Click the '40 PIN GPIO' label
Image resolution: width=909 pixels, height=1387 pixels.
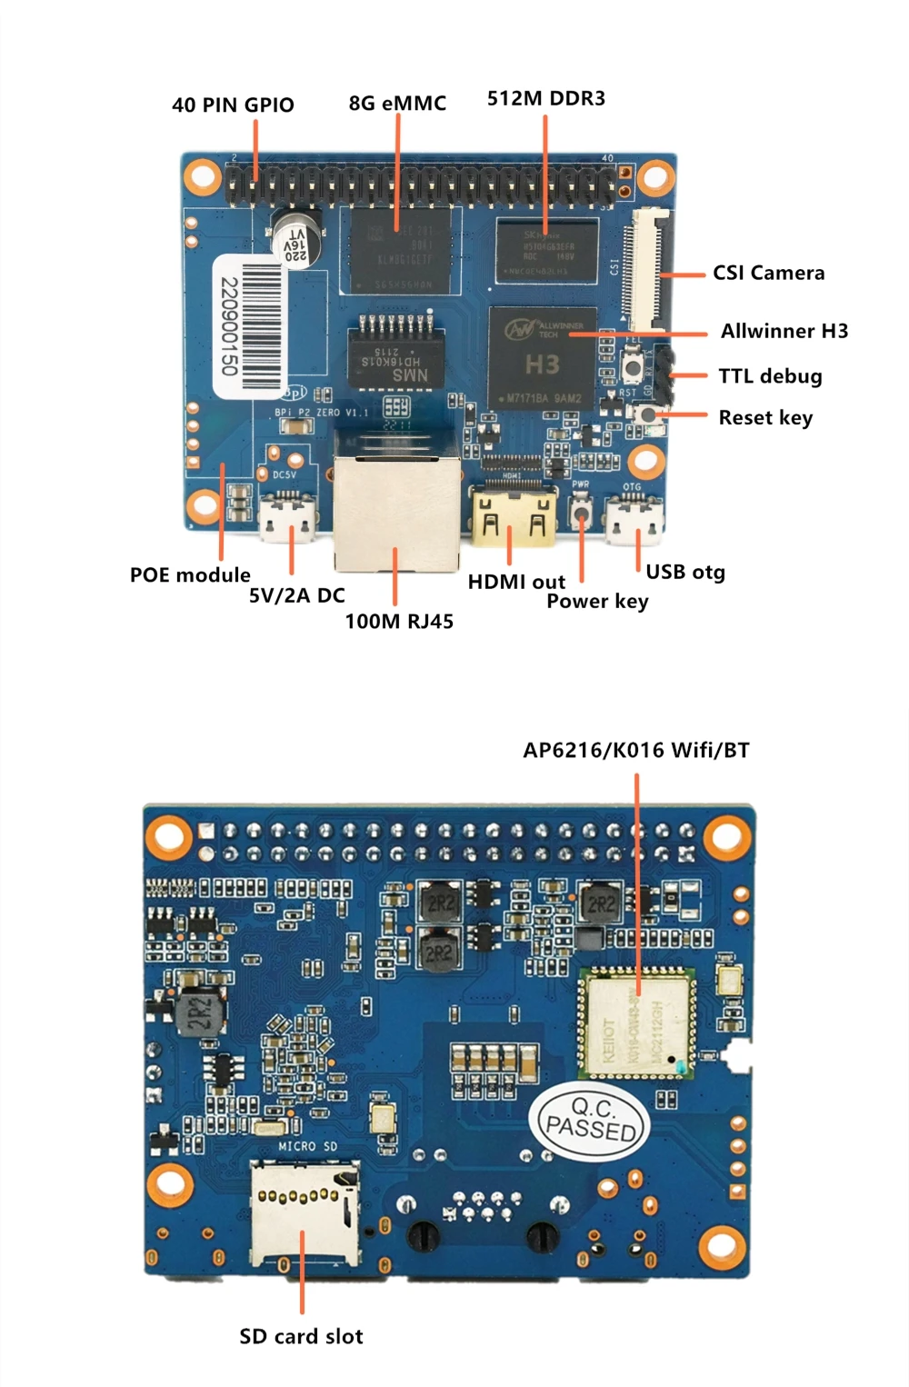pyautogui.click(x=233, y=105)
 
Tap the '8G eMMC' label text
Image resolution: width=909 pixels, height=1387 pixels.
pyautogui.click(x=397, y=103)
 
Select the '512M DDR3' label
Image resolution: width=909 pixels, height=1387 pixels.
pyautogui.click(x=545, y=98)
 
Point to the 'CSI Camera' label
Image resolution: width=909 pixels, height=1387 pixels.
pyautogui.click(x=768, y=273)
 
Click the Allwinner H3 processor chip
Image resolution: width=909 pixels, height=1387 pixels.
pyautogui.click(x=542, y=356)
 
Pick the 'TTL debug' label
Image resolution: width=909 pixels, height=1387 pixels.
pyautogui.click(x=770, y=376)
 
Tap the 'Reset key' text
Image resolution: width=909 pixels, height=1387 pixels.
pyautogui.click(x=765, y=417)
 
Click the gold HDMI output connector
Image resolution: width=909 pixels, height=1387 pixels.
pyautogui.click(x=514, y=518)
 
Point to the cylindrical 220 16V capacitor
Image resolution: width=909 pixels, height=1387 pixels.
pyautogui.click(x=297, y=240)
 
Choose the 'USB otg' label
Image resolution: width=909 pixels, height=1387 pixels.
pyautogui.click(x=685, y=572)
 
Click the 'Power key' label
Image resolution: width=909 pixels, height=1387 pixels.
pyautogui.click(x=597, y=601)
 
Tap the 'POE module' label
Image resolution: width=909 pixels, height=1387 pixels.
pyautogui.click(x=190, y=574)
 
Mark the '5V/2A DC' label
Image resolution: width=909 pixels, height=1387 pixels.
pyautogui.click(x=297, y=595)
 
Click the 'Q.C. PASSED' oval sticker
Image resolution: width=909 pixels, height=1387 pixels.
pyautogui.click(x=592, y=1120)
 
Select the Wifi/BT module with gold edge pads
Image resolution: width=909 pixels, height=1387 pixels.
pyautogui.click(x=637, y=1023)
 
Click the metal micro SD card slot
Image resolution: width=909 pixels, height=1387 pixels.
pyautogui.click(x=305, y=1213)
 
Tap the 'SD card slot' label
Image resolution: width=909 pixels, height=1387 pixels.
pyautogui.click(x=301, y=1336)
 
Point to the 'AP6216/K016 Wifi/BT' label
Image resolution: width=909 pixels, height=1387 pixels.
pyautogui.click(x=635, y=750)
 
